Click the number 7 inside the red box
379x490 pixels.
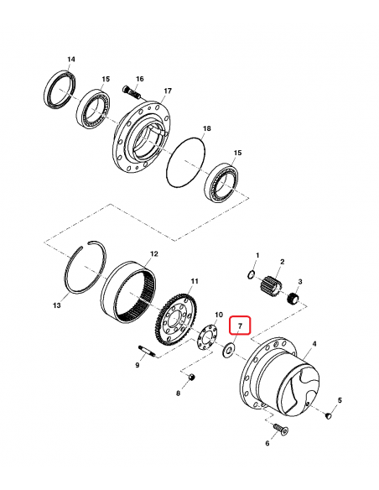239,324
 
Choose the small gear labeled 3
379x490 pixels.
293,300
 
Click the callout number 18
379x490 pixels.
206,130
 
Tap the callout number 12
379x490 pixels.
153,253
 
